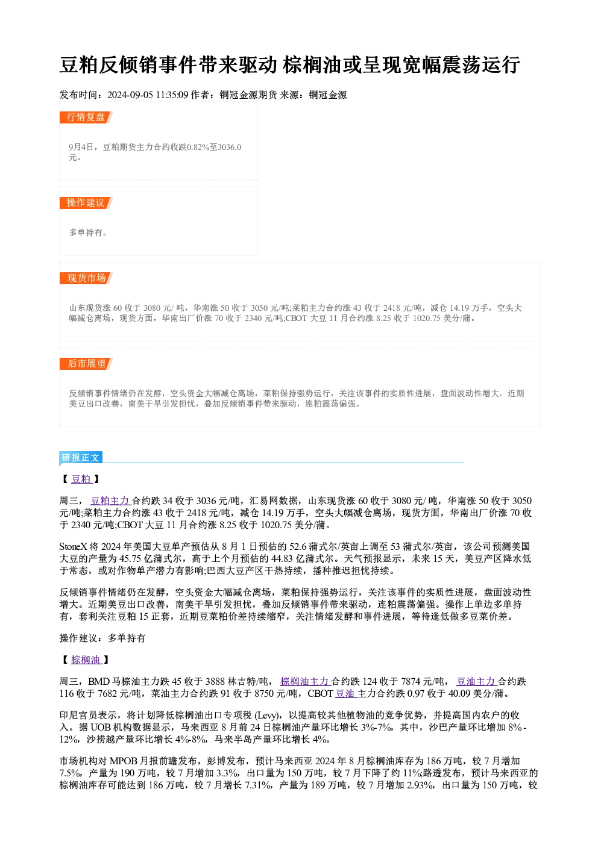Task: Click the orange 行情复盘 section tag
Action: coord(86,117)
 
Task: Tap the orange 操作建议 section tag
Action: coord(86,202)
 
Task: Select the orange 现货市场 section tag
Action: coord(86,278)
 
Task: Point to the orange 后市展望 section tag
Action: coord(86,364)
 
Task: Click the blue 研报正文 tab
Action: coord(81,458)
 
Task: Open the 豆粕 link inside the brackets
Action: coord(82,479)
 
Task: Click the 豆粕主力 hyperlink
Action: coord(110,500)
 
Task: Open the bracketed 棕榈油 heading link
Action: coord(86,659)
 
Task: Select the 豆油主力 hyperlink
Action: coord(477,681)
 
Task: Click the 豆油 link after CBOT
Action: coord(346,693)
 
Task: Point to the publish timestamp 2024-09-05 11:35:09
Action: coord(148,95)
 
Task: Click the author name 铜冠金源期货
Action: coord(248,95)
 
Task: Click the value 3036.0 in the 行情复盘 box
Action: coord(230,147)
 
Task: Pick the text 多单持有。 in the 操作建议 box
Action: coord(88,232)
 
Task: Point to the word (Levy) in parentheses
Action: coord(268,716)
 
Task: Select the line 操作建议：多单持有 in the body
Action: coord(102,638)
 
